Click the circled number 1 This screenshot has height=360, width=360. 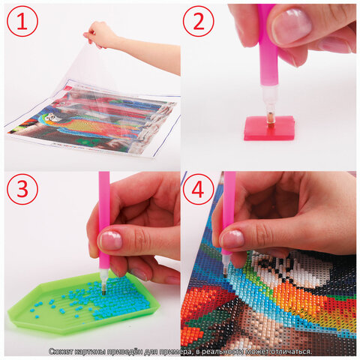tap(22, 21)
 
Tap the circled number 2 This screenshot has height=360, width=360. tap(199, 21)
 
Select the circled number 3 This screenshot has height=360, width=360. tap(22, 189)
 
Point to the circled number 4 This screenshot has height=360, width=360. tap(199, 189)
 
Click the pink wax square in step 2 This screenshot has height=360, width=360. tap(269, 128)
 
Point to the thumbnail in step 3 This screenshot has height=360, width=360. tap(111, 240)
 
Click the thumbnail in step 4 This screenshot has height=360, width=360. tap(232, 239)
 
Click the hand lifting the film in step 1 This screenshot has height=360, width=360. tap(100, 34)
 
